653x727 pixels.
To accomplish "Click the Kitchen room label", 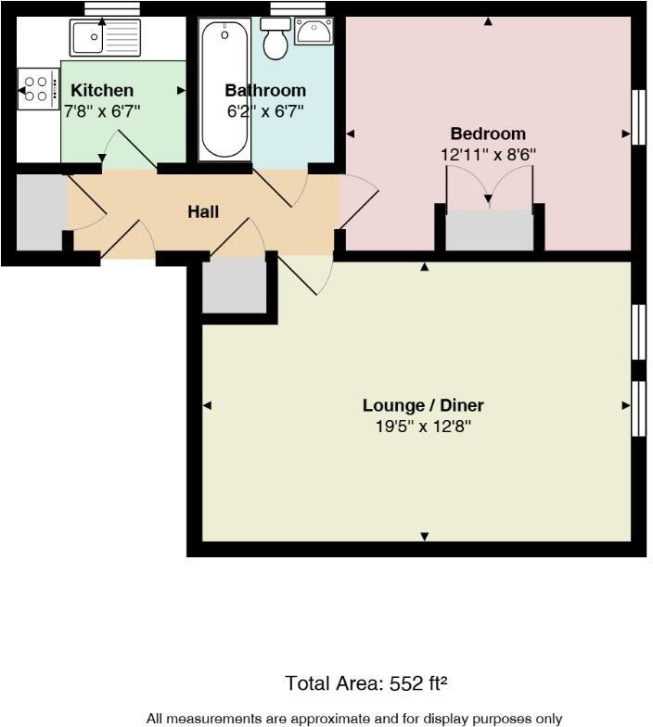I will coord(102,91).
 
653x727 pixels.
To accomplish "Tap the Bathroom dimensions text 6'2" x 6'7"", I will coord(265,110).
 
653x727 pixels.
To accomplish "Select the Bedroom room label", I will coord(488,134).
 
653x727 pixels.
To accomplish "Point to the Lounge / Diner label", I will coord(423,405).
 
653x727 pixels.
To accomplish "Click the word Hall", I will coord(203,212).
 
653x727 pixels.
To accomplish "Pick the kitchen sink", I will coord(104,38).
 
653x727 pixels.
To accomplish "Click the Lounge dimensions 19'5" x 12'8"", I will coord(423,427).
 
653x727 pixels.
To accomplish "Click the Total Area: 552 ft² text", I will coord(366,684).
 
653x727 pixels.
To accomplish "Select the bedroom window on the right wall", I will coord(638,116).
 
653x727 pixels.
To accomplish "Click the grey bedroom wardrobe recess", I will coord(489,230).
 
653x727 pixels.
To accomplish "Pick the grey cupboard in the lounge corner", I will coord(234,285).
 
